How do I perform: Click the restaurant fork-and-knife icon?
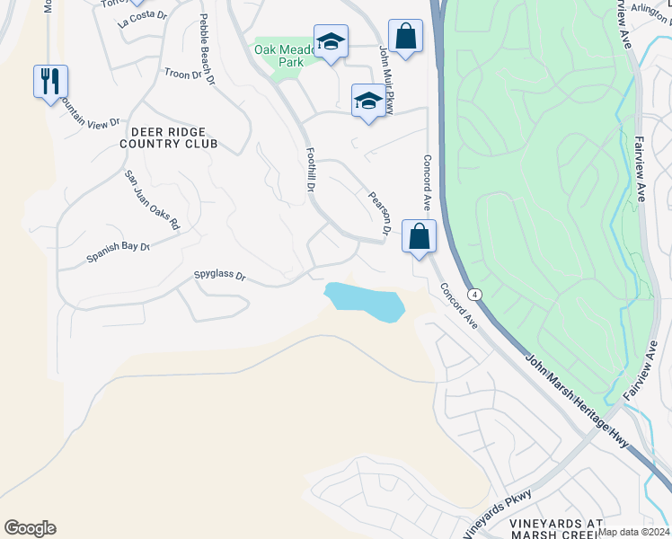pos(49,82)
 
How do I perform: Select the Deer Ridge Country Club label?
pos(169,137)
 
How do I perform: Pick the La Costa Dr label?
pos(143,19)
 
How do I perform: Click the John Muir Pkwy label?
pos(387,72)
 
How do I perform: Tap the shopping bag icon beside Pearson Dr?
pos(419,238)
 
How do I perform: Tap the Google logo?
pos(30,528)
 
